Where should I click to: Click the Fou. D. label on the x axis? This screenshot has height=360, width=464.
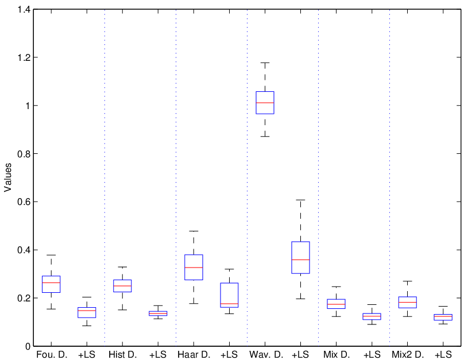[x=52, y=354]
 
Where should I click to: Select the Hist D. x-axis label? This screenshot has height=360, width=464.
[x=122, y=354]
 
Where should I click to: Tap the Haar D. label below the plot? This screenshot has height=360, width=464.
[x=194, y=354]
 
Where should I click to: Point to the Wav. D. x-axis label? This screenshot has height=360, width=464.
[x=265, y=354]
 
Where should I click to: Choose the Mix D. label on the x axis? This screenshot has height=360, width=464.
[x=337, y=354]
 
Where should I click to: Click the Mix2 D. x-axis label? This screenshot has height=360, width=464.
[x=408, y=354]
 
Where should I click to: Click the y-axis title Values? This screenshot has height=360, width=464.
[x=7, y=177]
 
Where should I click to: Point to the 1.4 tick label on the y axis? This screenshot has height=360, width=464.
[x=24, y=9]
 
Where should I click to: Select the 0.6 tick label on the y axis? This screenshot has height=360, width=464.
[x=24, y=202]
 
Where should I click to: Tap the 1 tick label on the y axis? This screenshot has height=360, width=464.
[x=28, y=106]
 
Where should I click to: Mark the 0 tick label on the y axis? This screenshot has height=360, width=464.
[x=28, y=346]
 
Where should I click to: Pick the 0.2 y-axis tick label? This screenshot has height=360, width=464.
[x=24, y=298]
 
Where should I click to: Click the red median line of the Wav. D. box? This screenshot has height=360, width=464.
[x=265, y=103]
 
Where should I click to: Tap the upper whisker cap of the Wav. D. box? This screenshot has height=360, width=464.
[x=265, y=63]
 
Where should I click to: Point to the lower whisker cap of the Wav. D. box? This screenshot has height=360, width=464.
[x=265, y=137]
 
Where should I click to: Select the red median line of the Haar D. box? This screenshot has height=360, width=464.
[x=194, y=268]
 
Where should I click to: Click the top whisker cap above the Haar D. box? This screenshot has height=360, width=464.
[x=194, y=231]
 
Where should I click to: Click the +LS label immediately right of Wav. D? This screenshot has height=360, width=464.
[x=300, y=354]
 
